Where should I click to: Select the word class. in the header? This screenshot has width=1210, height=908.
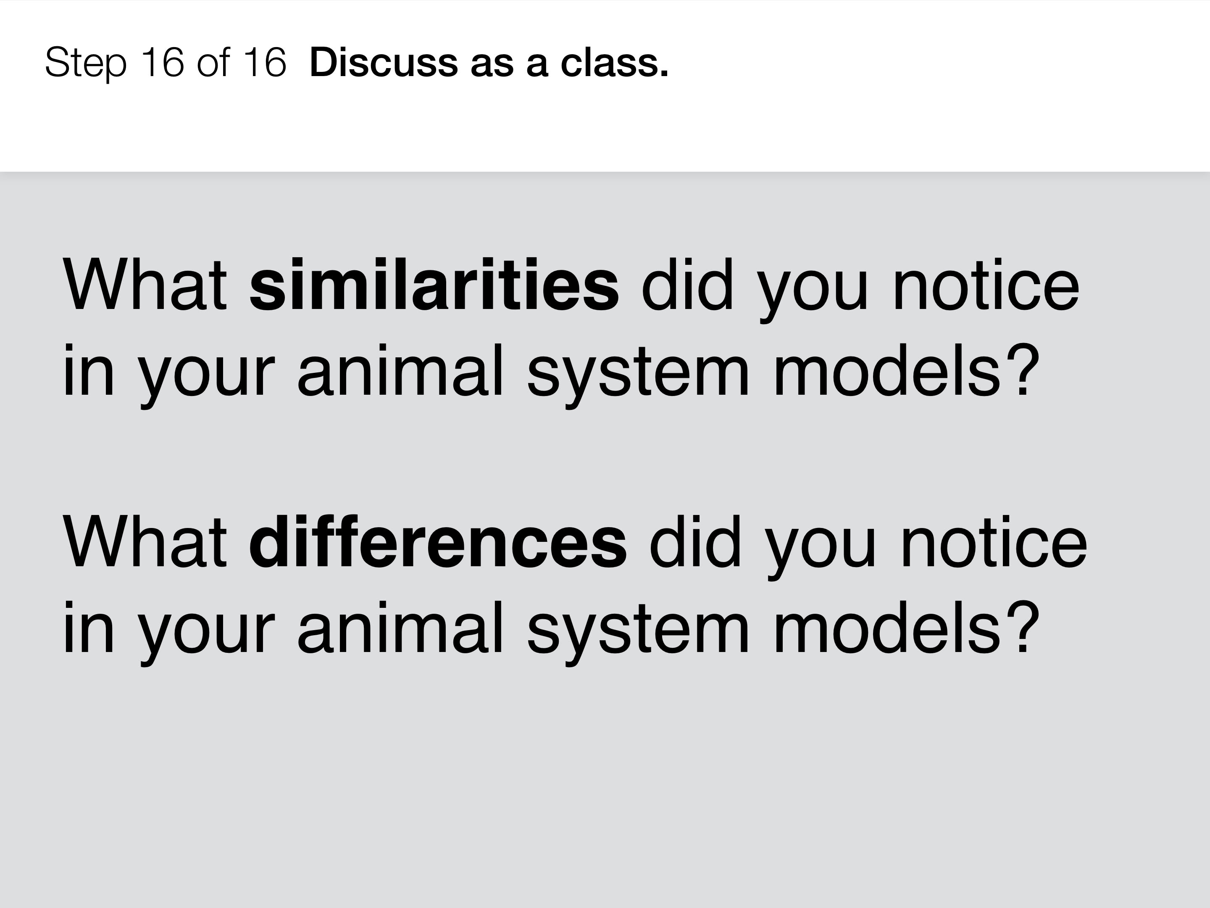pyautogui.click(x=614, y=62)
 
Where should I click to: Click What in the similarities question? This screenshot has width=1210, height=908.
pyautogui.click(x=145, y=285)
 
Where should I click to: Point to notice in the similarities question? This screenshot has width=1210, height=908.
pyautogui.click(x=986, y=285)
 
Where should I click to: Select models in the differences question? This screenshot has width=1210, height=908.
pyautogui.click(x=888, y=627)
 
